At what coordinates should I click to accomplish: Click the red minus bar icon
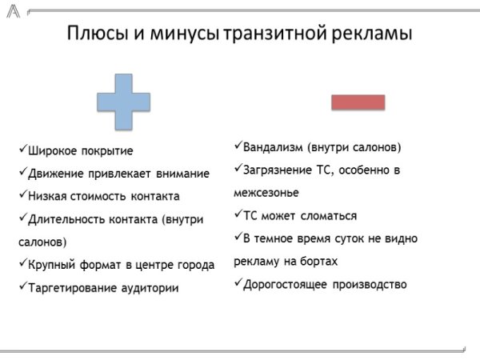point(358,102)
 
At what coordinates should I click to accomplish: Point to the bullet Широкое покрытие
point(80,150)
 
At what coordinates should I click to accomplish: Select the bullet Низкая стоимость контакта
point(103,196)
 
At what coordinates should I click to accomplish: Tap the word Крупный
point(52,265)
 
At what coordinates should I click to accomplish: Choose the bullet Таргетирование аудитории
point(103,287)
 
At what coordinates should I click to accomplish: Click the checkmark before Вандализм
point(238,147)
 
